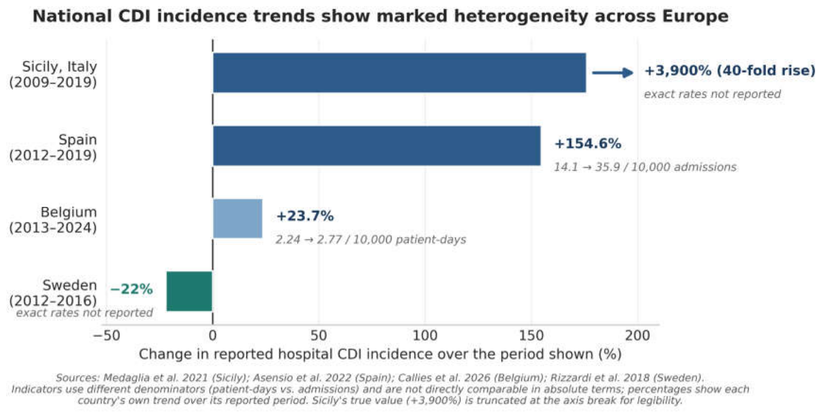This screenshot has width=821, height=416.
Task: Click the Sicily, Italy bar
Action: click(399, 73)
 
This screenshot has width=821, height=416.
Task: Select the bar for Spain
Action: click(377, 145)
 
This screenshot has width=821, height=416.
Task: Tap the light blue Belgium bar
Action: click(237, 219)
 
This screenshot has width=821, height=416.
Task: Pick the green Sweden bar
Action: click(189, 292)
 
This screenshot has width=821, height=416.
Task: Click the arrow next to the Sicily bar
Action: click(613, 73)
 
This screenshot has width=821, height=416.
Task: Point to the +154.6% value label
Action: click(588, 143)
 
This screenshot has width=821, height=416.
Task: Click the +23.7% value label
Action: click(305, 216)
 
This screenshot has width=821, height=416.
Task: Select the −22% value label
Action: click(131, 290)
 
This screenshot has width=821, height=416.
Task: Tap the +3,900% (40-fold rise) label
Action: click(730, 71)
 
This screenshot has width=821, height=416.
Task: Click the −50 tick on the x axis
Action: click(107, 336)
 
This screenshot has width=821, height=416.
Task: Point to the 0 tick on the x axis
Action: click(212, 336)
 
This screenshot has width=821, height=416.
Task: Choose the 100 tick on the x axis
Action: click(425, 336)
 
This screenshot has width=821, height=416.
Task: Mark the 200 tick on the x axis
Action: click(637, 336)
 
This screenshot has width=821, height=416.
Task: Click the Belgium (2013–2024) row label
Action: click(53, 219)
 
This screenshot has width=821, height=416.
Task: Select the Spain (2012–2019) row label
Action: click(53, 147)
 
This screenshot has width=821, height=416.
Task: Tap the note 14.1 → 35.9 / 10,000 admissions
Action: click(645, 167)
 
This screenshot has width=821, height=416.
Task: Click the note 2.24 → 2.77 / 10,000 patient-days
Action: click(371, 240)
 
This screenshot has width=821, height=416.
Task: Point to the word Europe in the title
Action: click(695, 16)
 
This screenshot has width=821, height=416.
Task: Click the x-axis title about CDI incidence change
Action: click(380, 354)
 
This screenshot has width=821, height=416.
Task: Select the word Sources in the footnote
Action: click(77, 378)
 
